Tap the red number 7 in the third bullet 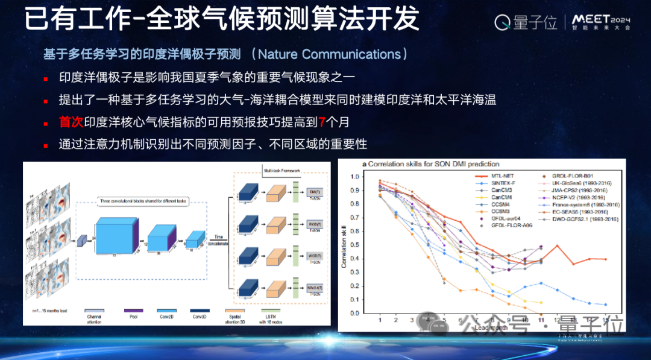coord(322,122)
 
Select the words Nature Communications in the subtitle coord(329,54)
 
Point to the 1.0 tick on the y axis coord(355,177)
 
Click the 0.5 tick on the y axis coord(355,245)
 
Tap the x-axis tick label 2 coord(396,320)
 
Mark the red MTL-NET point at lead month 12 coord(558,245)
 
